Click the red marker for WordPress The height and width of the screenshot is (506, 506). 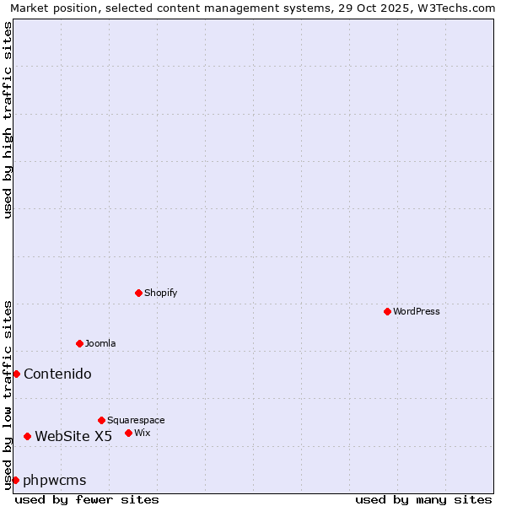[x=387, y=311]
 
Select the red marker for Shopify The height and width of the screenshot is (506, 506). [x=138, y=293]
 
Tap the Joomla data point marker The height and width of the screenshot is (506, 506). [x=79, y=343]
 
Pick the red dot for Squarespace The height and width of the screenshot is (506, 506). [x=101, y=420]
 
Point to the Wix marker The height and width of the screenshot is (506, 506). [x=128, y=433]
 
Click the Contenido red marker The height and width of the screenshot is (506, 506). [x=16, y=374]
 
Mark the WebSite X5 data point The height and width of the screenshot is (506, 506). [x=27, y=436]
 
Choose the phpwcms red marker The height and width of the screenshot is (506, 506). [x=15, y=480]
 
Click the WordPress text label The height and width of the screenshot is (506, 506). [x=417, y=311]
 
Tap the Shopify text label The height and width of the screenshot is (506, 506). [x=160, y=293]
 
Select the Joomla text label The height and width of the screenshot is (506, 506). [x=100, y=343]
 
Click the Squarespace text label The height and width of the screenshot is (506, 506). [x=136, y=420]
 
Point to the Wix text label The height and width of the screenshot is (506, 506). [x=143, y=433]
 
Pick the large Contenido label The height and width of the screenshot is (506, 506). [x=57, y=374]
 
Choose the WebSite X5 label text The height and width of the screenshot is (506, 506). [x=73, y=436]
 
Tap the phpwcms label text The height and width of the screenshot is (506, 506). [x=55, y=480]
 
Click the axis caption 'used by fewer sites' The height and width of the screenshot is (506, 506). [x=87, y=499]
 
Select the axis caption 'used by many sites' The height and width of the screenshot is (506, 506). [x=423, y=499]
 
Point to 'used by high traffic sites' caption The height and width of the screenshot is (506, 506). [x=8, y=120]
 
